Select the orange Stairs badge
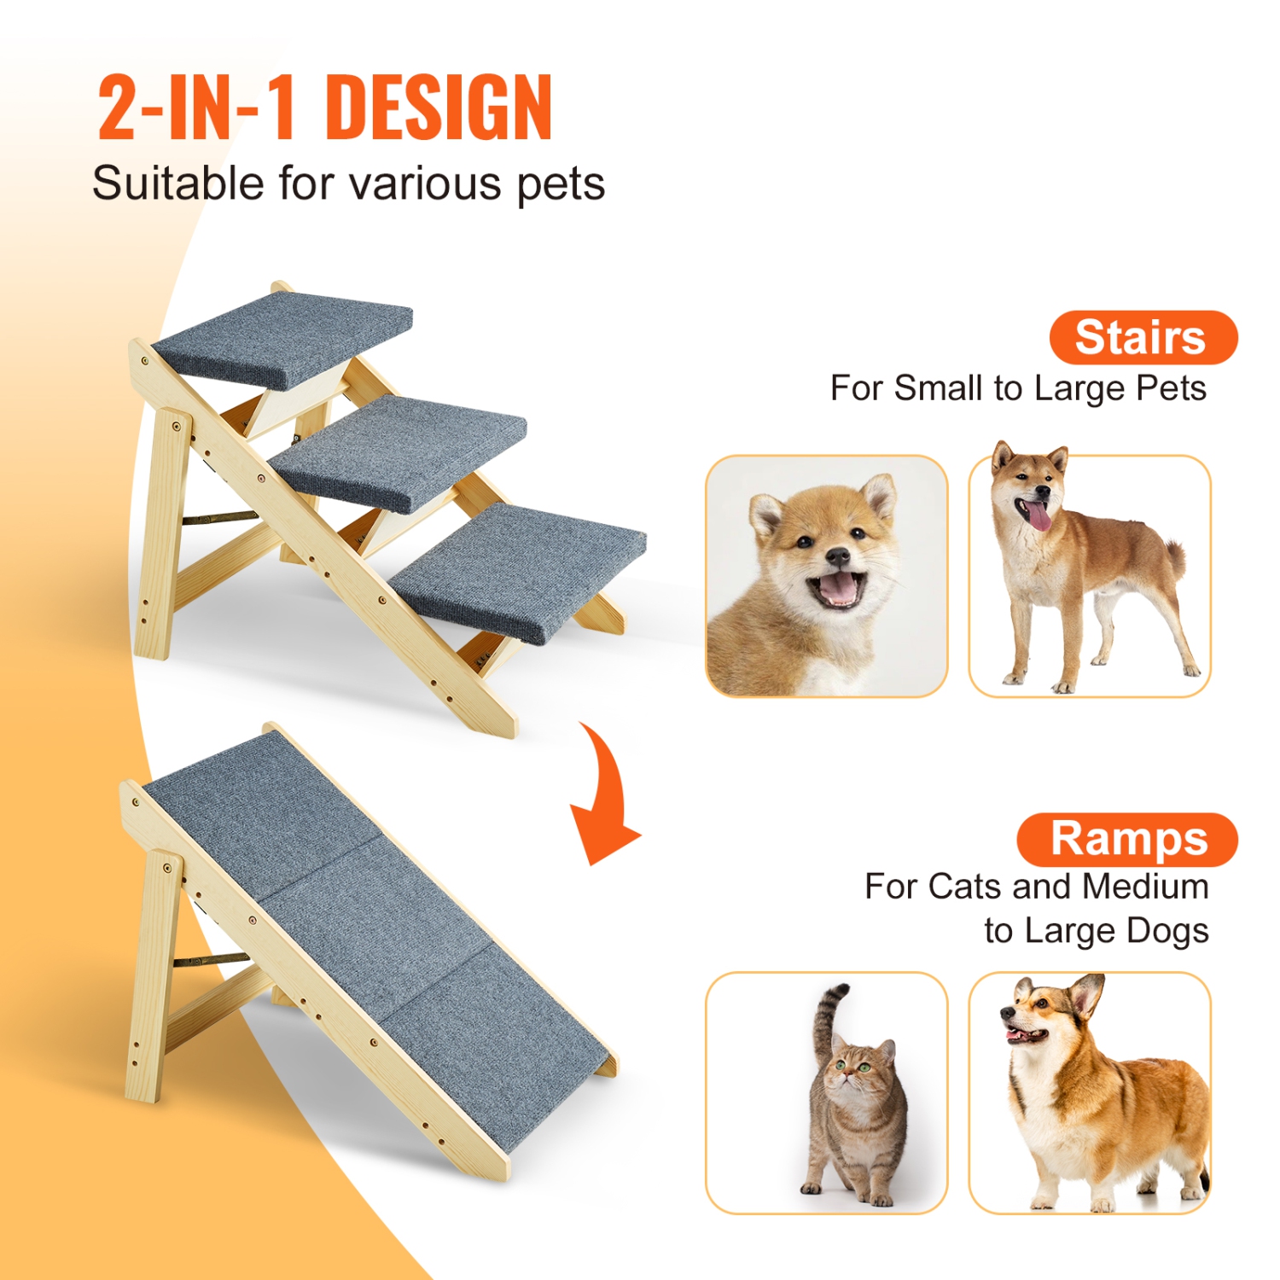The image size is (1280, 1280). [x=1142, y=337]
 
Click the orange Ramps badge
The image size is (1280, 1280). [x=1127, y=839]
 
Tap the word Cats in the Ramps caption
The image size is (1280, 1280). [x=963, y=887]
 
